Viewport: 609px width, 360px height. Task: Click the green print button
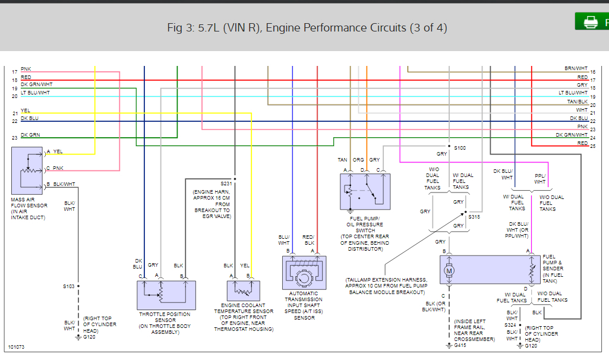pos(592,21)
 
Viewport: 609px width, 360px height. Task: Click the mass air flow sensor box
pos(27,171)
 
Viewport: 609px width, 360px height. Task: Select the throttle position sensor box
pos(166,295)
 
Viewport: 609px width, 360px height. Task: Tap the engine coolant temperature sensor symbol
pos(244,291)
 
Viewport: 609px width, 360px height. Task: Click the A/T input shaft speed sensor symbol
pos(304,273)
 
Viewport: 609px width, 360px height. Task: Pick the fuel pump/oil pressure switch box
pos(365,192)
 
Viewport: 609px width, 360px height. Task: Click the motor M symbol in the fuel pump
pos(449,271)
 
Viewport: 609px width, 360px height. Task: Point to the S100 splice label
pos(460,148)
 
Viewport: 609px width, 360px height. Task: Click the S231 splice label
pos(226,184)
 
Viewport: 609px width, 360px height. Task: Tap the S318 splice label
pos(474,217)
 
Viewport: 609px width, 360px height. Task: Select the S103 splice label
pos(69,286)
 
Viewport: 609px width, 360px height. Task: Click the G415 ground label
pos(460,345)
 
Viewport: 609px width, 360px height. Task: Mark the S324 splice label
pos(510,325)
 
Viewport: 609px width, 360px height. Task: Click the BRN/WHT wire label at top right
pos(576,68)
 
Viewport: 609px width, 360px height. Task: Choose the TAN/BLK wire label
pos(578,102)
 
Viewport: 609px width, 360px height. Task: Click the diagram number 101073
pos(16,347)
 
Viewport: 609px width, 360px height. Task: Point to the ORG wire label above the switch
pos(358,160)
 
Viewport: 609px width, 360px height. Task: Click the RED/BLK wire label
pos(308,239)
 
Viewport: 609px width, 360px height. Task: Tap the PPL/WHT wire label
pos(540,179)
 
